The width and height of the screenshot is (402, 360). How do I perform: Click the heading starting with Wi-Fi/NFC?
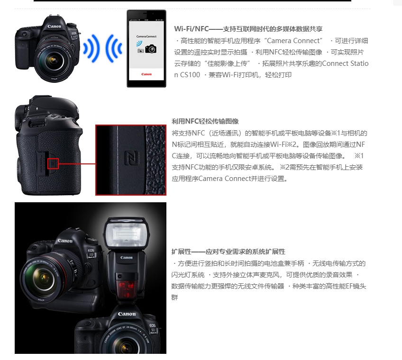(248, 29)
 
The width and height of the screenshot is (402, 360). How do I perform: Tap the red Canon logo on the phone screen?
(146, 74)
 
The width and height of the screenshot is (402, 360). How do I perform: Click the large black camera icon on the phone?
(151, 49)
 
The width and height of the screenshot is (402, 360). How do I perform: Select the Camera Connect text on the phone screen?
(146, 36)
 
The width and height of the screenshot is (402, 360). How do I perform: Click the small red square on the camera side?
(53, 163)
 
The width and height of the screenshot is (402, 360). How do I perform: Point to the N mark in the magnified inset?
(132, 158)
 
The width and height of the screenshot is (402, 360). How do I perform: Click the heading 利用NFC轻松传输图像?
(205, 121)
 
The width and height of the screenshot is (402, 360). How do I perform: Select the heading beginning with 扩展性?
(228, 252)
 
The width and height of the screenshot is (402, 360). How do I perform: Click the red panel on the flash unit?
(126, 289)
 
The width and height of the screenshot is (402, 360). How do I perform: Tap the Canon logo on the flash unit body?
(127, 258)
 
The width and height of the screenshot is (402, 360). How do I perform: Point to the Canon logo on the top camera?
(55, 26)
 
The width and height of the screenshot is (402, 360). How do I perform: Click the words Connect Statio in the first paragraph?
(345, 63)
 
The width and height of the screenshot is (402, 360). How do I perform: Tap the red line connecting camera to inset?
(77, 163)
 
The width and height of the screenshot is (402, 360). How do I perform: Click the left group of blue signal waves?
(91, 48)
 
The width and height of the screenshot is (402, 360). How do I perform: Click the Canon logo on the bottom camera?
(127, 314)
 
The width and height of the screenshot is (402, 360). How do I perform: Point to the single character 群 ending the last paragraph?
(174, 297)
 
